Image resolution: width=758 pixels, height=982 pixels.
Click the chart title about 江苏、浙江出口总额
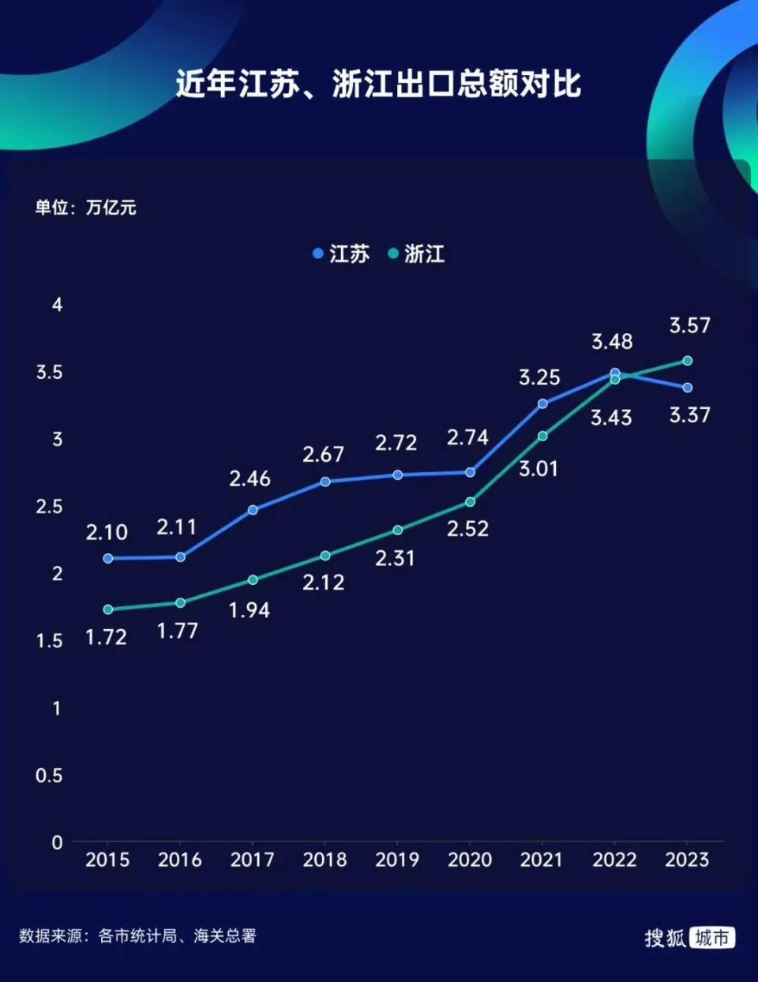coord(378,84)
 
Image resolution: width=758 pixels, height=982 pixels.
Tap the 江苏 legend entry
coord(340,253)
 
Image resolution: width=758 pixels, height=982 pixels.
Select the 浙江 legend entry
coord(416,253)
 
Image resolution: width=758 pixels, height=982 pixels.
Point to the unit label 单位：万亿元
coord(85,208)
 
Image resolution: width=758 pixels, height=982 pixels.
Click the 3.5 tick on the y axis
coord(49,372)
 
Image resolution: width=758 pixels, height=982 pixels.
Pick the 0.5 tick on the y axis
coord(48,775)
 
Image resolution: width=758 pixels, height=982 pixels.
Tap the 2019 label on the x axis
coord(397,860)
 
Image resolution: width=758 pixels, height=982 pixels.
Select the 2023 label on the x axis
coord(687,860)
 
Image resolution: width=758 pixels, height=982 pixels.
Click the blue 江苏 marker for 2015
coord(108,558)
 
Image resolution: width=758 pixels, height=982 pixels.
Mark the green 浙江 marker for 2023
coord(687,361)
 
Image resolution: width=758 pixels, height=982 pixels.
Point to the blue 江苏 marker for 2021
coord(542,403)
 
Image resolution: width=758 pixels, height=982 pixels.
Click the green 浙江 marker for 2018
coord(325,556)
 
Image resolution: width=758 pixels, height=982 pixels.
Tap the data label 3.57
coord(690,325)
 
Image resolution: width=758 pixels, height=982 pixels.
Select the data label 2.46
coord(250,478)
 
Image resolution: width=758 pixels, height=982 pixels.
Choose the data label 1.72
coord(106,637)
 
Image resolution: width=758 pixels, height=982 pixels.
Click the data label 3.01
coord(538,469)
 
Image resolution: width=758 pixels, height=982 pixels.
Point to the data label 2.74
coord(467,437)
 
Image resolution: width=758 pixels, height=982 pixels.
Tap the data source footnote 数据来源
coord(137,936)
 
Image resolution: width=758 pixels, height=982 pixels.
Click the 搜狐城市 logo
coord(689,937)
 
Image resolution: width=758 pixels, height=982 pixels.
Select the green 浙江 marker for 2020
coord(470,502)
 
